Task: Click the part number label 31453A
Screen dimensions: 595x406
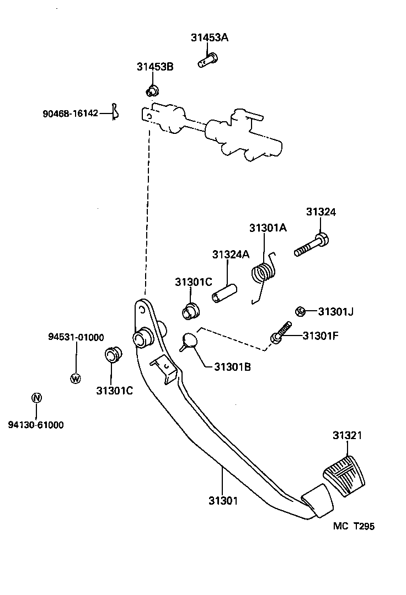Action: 210,38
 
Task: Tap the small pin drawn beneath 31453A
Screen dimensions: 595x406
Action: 208,59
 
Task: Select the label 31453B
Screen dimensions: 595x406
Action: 155,67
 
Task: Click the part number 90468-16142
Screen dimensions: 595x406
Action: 70,113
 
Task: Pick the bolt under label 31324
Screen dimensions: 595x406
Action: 312,246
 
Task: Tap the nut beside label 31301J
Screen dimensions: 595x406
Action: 301,312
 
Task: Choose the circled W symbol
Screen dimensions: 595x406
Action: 76,378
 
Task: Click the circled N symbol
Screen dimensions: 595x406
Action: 36,398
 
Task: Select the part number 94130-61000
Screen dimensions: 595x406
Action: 36,425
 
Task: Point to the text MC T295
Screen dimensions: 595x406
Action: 354,526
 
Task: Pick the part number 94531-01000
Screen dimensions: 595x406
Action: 76,337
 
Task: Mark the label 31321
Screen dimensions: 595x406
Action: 347,435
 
